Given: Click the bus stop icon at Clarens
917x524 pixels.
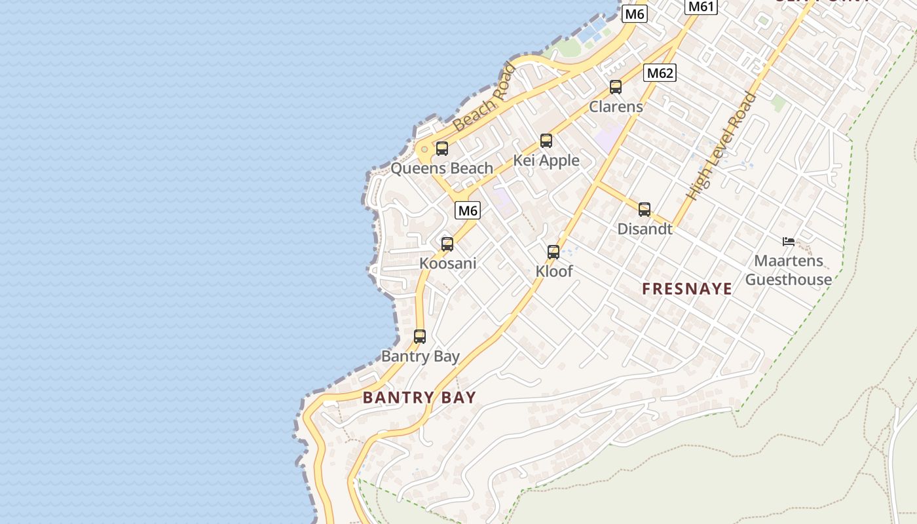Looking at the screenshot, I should (x=615, y=86).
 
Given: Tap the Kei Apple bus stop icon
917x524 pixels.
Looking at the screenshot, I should (x=546, y=140).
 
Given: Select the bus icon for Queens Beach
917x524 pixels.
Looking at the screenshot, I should (x=442, y=149).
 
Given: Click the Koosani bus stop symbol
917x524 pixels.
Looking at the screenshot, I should (x=447, y=244).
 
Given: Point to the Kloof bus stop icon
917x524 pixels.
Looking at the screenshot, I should (x=553, y=252).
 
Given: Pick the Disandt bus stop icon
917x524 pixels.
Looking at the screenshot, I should (x=645, y=210).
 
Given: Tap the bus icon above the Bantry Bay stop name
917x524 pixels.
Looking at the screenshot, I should (x=420, y=337).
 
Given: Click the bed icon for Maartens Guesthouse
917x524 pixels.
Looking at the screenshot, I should (x=789, y=242).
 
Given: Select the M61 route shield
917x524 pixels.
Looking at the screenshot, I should (x=701, y=7).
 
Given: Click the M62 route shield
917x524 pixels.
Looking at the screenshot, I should (x=660, y=73).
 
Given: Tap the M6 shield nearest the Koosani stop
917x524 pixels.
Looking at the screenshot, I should (x=468, y=210).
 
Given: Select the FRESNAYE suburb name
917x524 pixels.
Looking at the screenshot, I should (x=687, y=289).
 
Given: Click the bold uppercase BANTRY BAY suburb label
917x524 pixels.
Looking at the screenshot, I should (x=419, y=397).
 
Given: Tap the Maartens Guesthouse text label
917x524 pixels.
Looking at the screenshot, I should (x=789, y=270).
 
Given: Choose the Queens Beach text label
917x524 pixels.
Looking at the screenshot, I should (x=441, y=168).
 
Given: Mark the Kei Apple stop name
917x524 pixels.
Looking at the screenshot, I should (x=546, y=160).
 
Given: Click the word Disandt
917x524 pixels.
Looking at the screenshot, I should (x=645, y=229).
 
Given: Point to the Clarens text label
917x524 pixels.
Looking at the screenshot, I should (x=616, y=106).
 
